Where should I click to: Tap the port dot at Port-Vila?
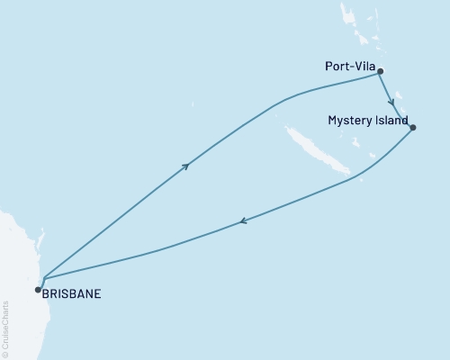[381, 71]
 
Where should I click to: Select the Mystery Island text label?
[367, 120]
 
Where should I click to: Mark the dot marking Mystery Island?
[412, 127]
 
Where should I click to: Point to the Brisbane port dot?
[37, 289]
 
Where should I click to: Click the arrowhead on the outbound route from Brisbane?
[186, 166]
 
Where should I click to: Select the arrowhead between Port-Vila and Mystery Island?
[392, 102]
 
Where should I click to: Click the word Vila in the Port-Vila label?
[364, 66]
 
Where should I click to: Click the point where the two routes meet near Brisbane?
[43, 276]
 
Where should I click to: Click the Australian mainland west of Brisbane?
[13, 270]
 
